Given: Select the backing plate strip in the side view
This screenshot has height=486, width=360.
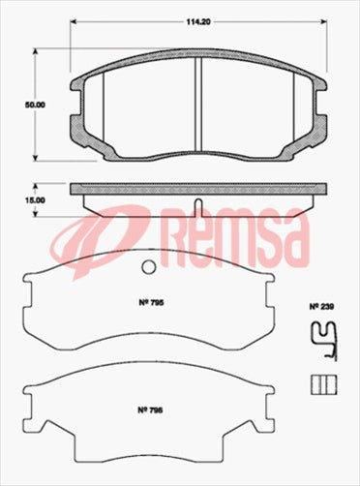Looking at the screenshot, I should (197, 189).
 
